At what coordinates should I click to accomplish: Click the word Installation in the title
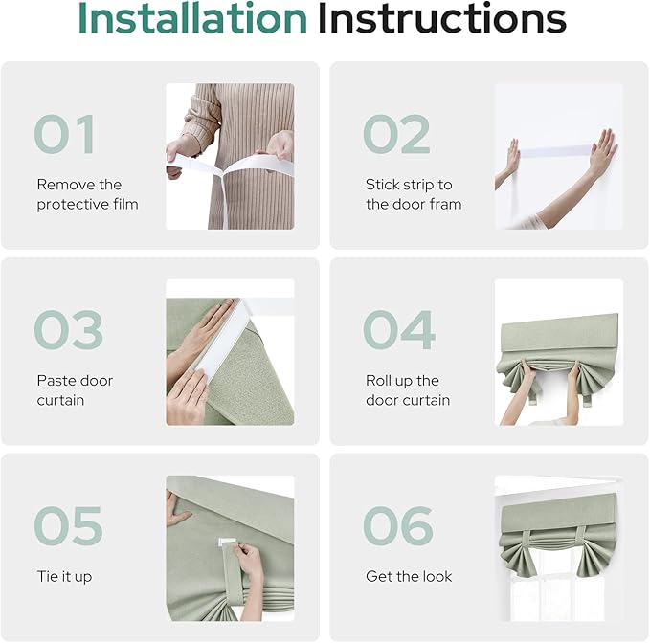coord(191,19)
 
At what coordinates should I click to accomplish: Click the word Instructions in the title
coord(441,19)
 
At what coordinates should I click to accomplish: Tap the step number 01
coord(64,135)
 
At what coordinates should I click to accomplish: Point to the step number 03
coord(67,331)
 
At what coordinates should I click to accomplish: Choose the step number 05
coord(67,526)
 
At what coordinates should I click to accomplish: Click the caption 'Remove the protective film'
coord(87,194)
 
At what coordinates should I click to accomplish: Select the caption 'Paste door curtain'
coord(75,390)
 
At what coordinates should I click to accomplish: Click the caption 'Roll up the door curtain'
coord(407,390)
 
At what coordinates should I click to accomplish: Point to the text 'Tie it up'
coord(64,577)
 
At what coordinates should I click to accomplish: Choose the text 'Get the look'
coord(409,577)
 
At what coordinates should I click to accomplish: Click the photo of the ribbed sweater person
coord(230,156)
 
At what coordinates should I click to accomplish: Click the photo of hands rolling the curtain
coord(558,352)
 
